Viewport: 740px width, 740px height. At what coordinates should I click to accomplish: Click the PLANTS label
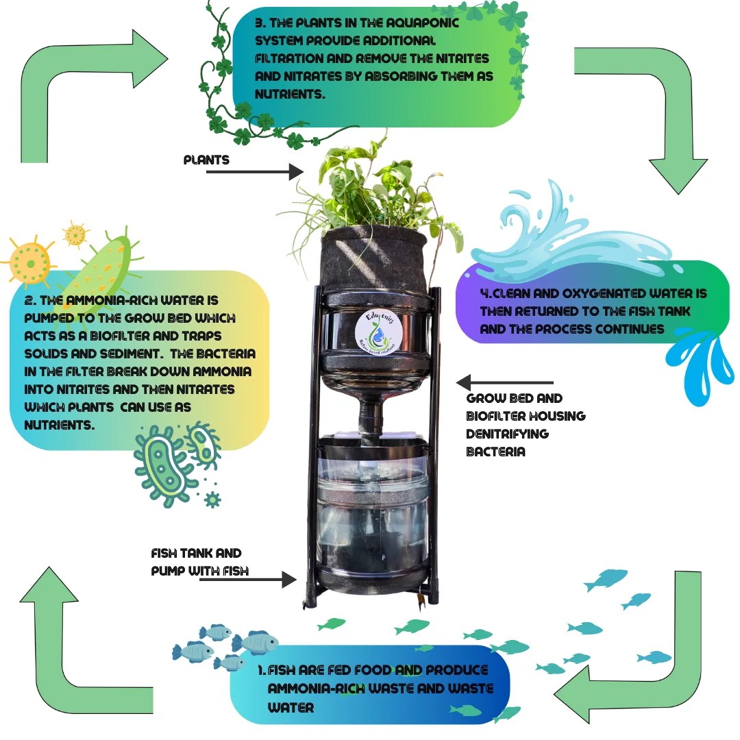click(206, 160)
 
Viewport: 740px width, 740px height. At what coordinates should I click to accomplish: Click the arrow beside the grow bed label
click(504, 382)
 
